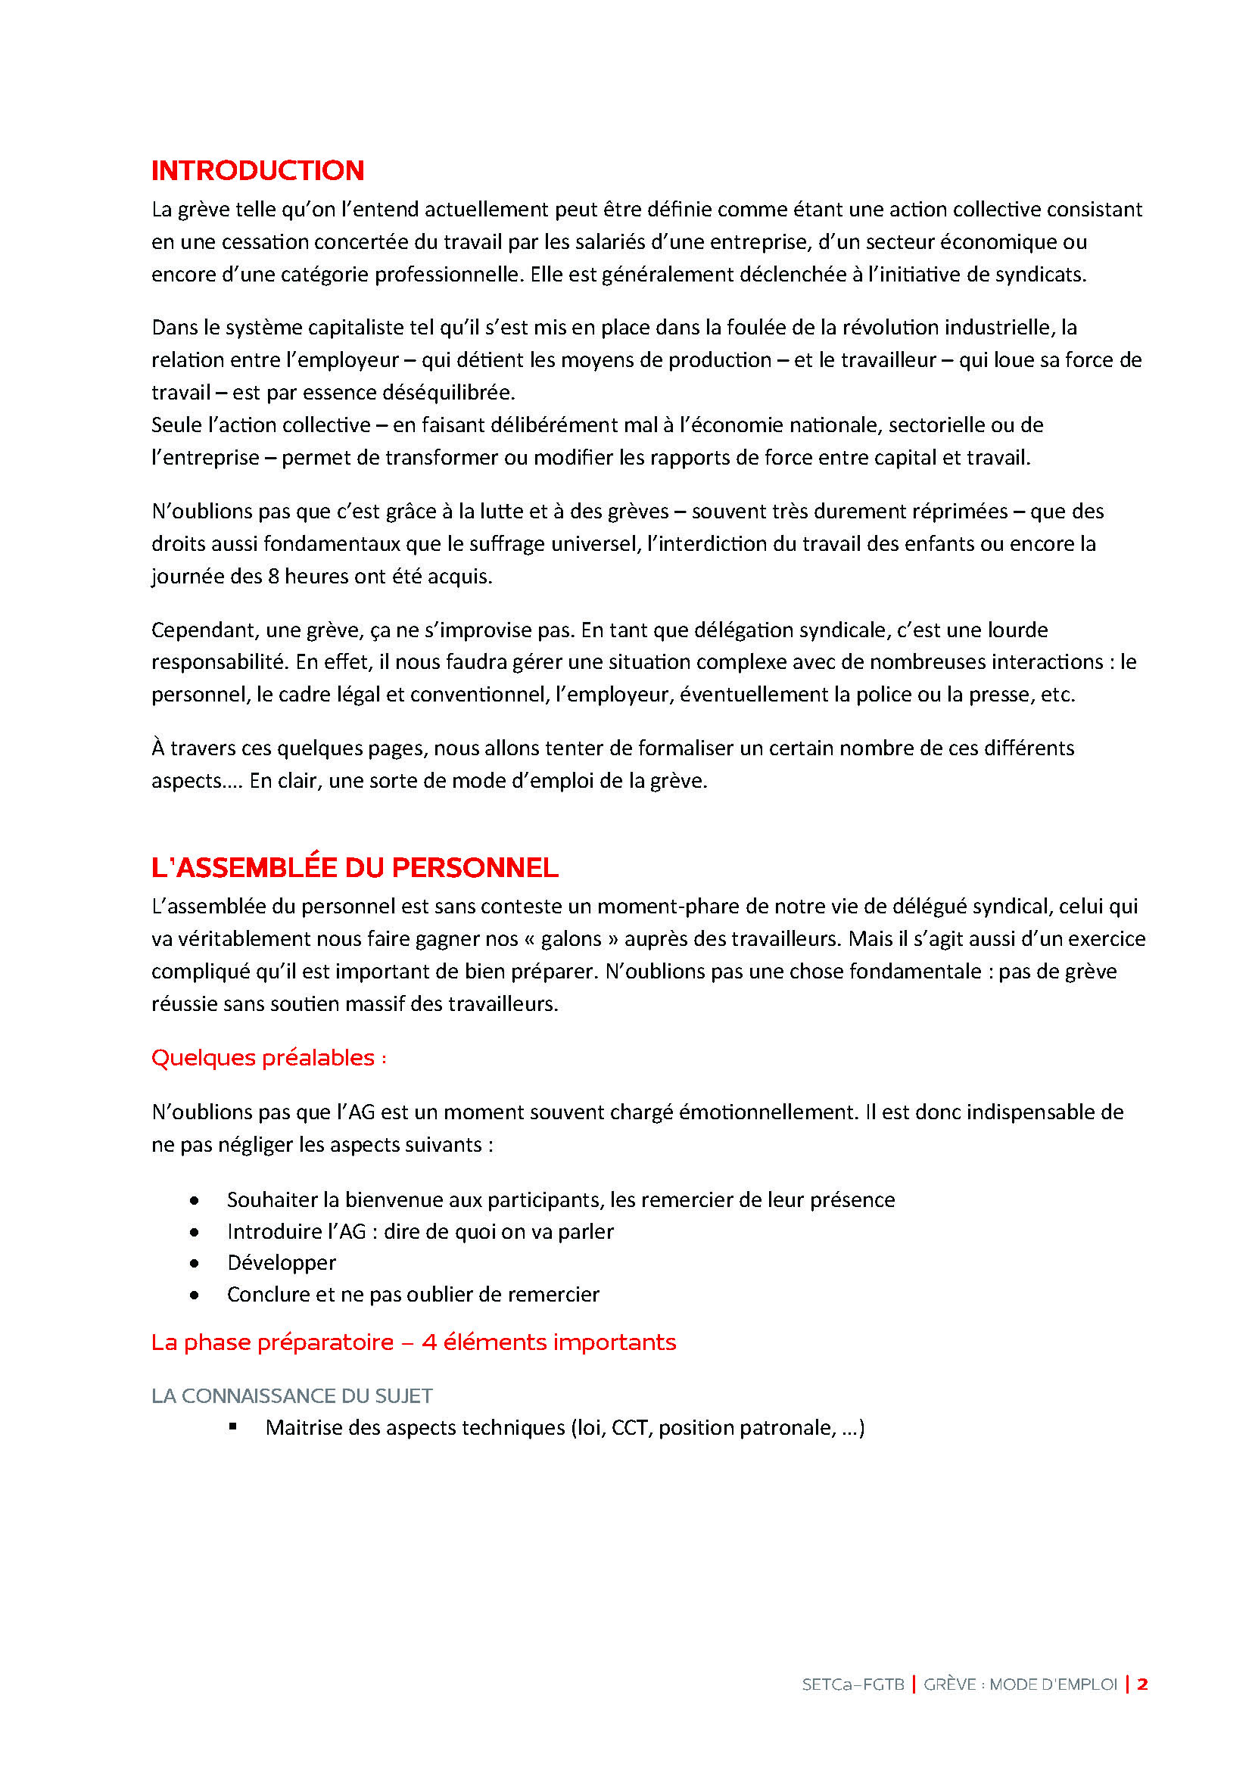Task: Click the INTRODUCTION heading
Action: [257, 170]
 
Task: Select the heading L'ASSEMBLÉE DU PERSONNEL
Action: [354, 868]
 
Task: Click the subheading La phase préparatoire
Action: [273, 1342]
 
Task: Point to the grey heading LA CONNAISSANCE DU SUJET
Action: [291, 1396]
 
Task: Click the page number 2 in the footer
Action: [1142, 1684]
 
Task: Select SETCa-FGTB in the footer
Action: [852, 1684]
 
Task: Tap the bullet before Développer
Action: [195, 1264]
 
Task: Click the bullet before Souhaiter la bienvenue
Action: [195, 1200]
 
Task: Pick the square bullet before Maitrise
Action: [233, 1428]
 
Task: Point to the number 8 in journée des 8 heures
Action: [273, 577]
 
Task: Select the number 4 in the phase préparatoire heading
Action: [429, 1342]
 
